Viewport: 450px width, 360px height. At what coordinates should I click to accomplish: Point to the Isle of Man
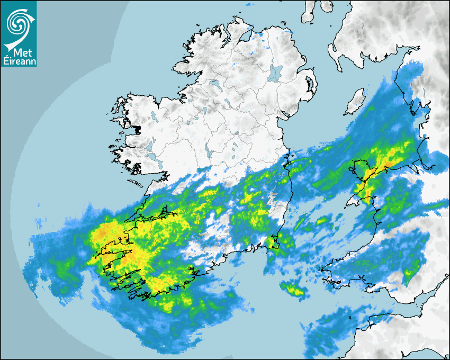(355, 101)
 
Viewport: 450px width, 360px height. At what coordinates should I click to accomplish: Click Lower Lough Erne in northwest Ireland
(214, 83)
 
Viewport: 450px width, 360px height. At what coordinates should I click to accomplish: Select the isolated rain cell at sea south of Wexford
(292, 289)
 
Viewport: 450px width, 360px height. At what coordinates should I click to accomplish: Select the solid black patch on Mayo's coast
(139, 127)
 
